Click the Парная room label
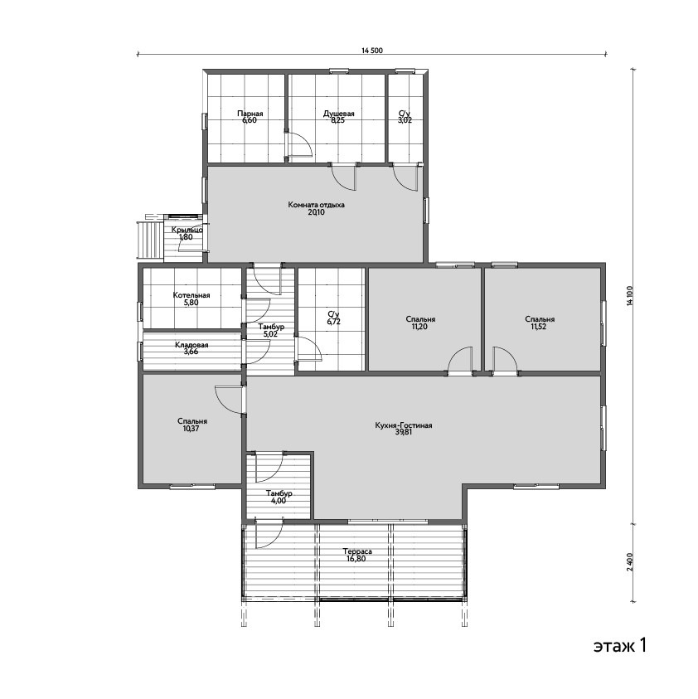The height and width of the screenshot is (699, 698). click(250, 114)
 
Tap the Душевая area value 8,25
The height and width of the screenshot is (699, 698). click(338, 120)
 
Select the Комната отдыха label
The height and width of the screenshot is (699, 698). click(317, 205)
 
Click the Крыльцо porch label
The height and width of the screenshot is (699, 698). click(187, 230)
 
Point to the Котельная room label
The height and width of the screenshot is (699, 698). click(191, 295)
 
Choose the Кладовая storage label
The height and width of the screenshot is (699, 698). click(191, 345)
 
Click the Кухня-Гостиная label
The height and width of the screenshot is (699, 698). click(404, 425)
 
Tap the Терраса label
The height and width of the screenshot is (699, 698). click(357, 551)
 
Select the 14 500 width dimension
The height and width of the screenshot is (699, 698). click(372, 51)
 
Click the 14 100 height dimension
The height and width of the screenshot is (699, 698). click(629, 295)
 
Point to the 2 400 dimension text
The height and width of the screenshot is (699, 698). click(629, 562)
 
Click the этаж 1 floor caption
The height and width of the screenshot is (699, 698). click(620, 645)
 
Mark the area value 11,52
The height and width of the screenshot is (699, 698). click(539, 327)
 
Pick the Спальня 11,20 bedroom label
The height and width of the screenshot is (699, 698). click(421, 323)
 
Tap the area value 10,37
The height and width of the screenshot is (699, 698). click(191, 429)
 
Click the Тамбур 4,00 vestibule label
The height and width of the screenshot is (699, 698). click(279, 497)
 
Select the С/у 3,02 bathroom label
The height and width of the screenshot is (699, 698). click(405, 117)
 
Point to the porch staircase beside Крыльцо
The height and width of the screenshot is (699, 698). click(150, 240)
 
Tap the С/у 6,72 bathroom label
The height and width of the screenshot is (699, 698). click(333, 318)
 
